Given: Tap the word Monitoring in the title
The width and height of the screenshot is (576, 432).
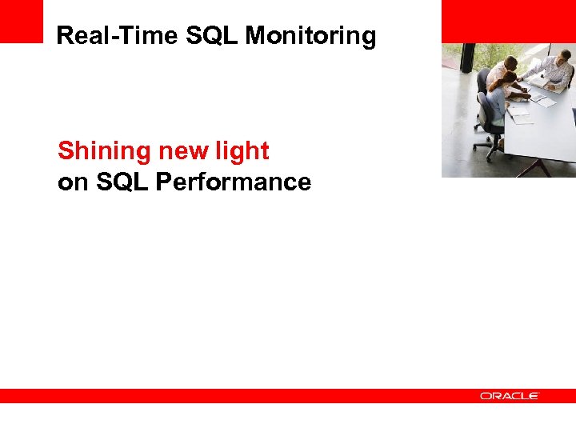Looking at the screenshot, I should click(x=310, y=36).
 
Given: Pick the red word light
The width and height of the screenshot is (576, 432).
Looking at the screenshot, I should click(x=245, y=150).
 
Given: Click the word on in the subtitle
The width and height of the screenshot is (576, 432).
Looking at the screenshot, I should click(x=73, y=182).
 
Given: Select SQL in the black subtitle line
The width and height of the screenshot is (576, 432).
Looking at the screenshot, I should click(x=122, y=182).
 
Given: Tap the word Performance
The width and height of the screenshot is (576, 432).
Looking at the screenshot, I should click(x=234, y=182).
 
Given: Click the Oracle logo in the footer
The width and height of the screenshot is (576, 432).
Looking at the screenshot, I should click(x=510, y=396).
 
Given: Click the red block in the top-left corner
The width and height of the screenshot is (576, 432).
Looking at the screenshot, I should click(x=21, y=21).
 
